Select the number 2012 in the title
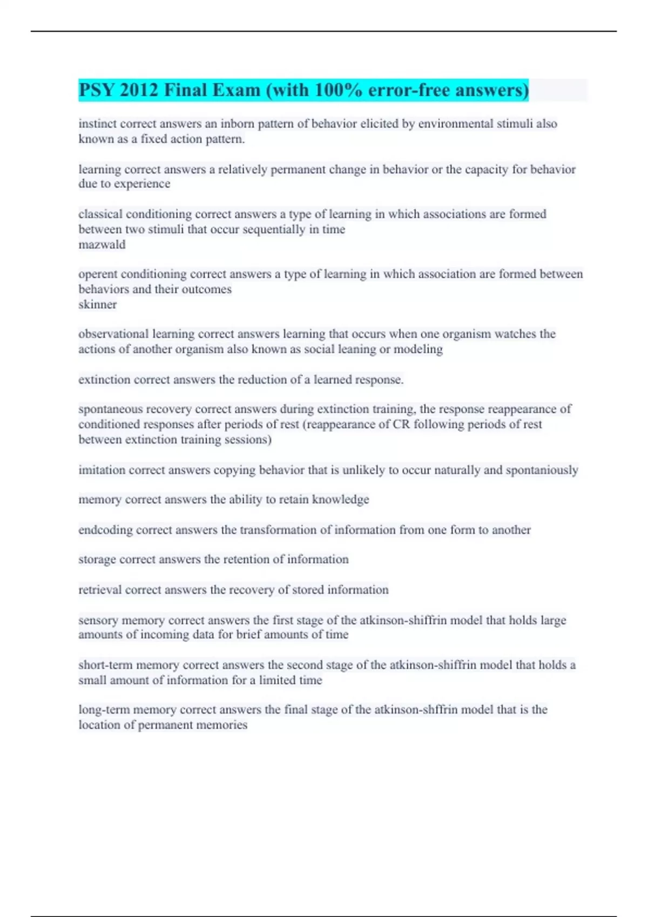[139, 90]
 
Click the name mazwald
[102, 245]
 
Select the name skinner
[98, 305]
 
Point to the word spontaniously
[542, 470]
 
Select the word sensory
[98, 620]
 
